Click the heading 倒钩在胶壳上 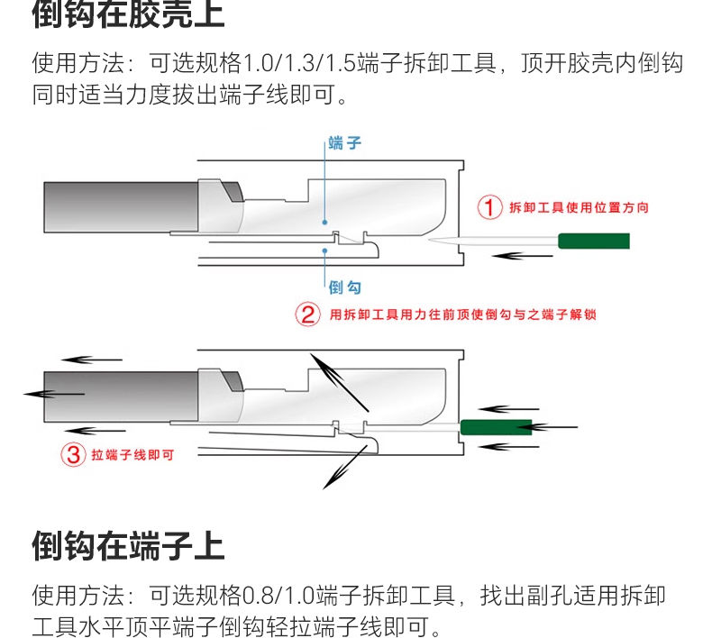[128, 14]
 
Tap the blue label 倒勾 [344, 287]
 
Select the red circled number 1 [488, 207]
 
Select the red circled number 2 [308, 314]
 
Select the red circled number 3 [73, 454]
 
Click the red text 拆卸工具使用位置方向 [579, 207]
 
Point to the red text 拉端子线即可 [132, 455]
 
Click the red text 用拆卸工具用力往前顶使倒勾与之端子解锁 [462, 314]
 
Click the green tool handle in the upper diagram [593, 241]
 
